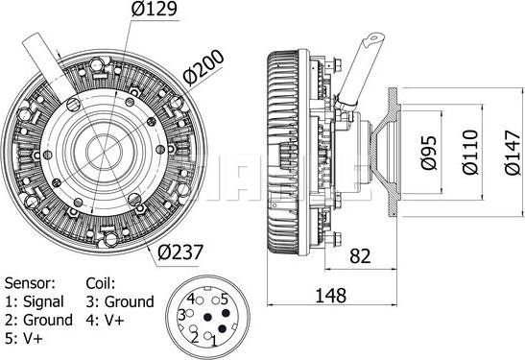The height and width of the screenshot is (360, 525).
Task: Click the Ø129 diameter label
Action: coord(154,9)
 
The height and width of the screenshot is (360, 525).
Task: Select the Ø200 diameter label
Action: coord(203,67)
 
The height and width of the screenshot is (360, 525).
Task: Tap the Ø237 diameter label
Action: coord(180,252)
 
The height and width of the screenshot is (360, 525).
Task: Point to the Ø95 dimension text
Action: coord(429,153)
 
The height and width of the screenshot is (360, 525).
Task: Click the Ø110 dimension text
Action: coord(470,152)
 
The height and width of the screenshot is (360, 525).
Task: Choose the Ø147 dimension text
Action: coord(513,153)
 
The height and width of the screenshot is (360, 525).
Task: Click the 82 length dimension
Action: coord(360,256)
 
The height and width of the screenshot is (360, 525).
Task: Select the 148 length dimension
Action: coord(331,296)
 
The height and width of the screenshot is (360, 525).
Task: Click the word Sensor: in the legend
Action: coord(30,283)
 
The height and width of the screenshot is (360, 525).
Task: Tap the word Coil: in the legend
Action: coord(101,283)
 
